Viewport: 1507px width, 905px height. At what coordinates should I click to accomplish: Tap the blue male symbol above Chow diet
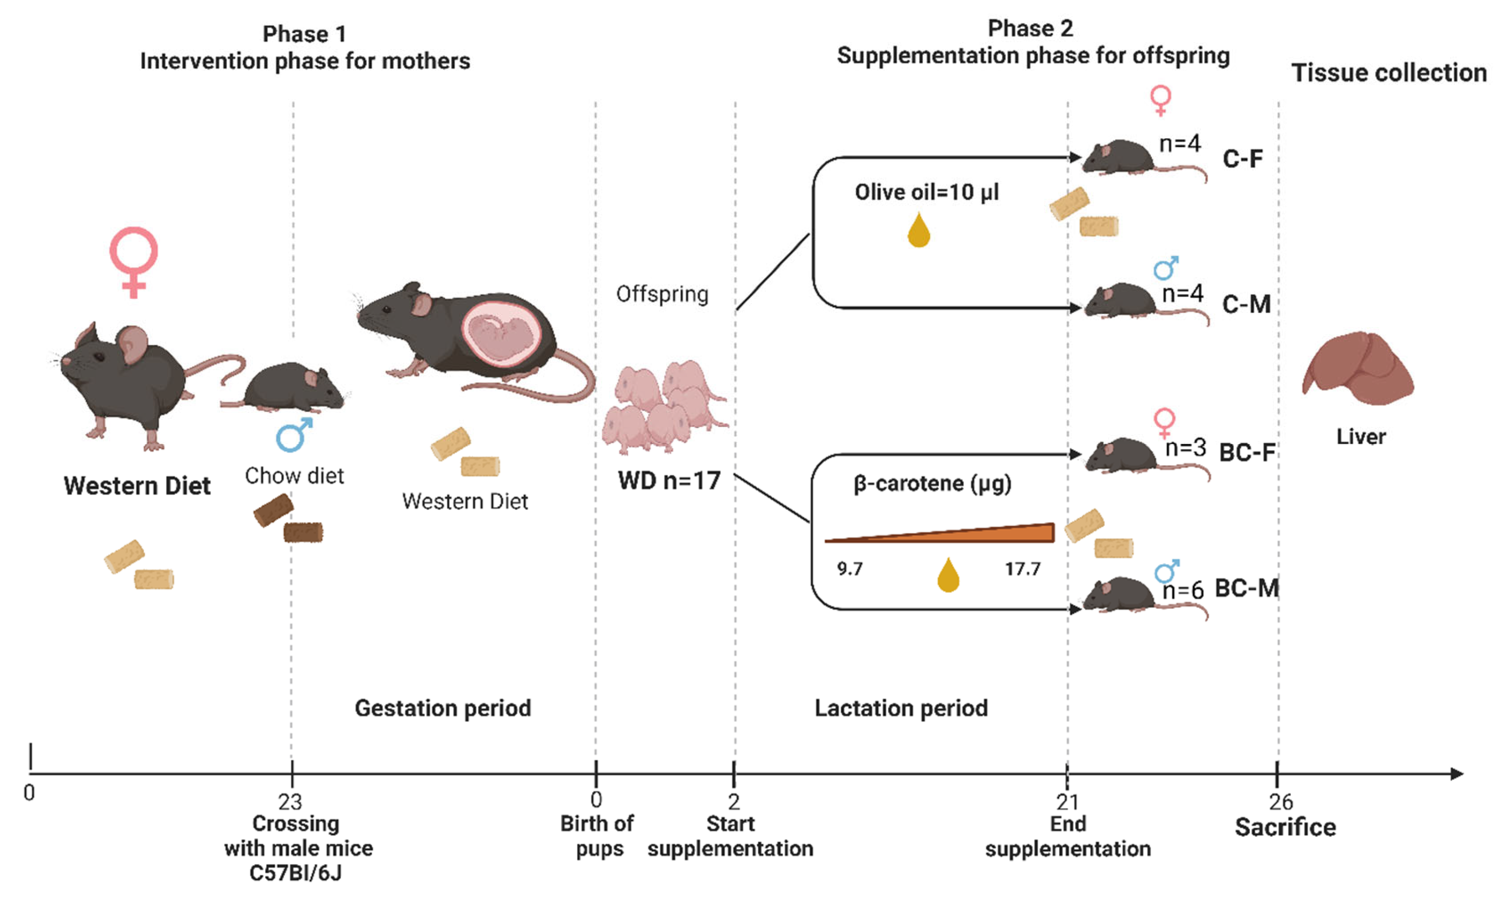[294, 434]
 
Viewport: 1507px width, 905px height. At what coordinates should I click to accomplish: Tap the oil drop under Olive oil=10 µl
[918, 231]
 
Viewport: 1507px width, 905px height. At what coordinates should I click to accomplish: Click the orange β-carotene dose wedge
[976, 533]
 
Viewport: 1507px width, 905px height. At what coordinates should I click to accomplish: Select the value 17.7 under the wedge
[1022, 569]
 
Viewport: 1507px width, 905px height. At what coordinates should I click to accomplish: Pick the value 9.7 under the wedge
[849, 569]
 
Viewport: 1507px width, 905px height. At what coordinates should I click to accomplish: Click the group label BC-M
[1246, 588]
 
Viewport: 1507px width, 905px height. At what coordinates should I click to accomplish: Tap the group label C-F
[1242, 159]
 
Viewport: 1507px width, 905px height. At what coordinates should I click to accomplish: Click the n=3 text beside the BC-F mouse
[1185, 448]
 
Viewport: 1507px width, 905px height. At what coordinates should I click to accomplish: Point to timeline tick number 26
[1280, 801]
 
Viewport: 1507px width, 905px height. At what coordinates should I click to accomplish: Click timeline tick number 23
[290, 801]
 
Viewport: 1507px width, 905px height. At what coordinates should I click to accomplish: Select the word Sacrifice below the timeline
[1285, 827]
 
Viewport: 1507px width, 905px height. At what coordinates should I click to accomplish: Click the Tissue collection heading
[1389, 73]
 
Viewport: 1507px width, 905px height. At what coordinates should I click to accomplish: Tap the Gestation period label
[443, 708]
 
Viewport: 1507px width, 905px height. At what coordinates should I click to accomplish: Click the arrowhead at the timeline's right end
[1456, 774]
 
